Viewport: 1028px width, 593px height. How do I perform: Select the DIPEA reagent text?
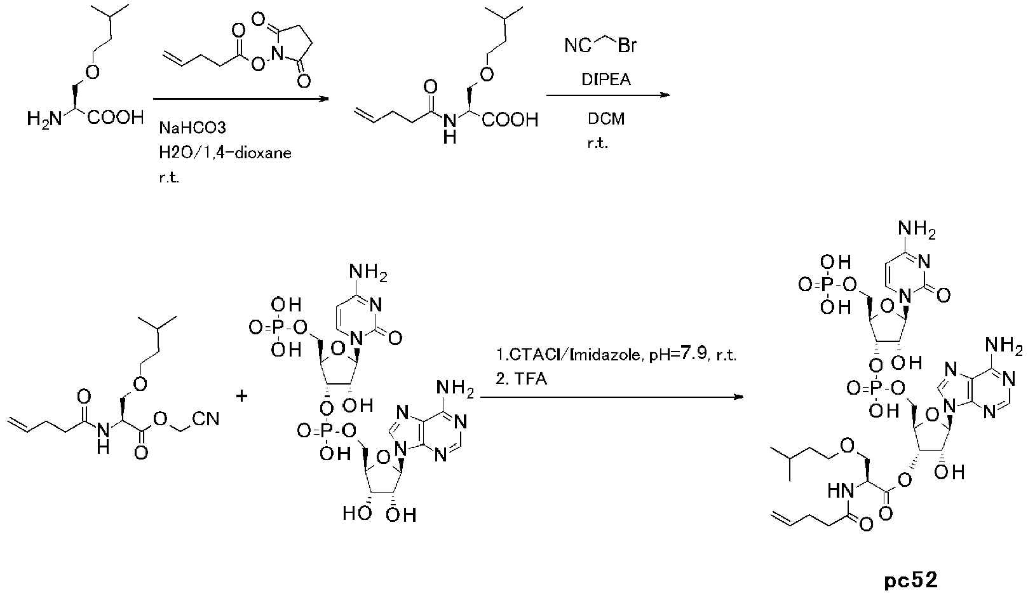pos(606,80)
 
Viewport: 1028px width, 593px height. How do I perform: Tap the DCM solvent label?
pos(606,119)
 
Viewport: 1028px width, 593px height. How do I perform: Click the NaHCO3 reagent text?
pos(193,128)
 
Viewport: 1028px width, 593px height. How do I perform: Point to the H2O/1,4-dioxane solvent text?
pos(225,153)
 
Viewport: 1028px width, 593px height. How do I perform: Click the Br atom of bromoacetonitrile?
pos(627,45)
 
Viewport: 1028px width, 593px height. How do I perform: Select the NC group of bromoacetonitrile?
pos(578,46)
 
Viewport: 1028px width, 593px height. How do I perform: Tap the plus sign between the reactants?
pos(242,395)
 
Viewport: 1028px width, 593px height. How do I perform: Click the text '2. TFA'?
pos(522,379)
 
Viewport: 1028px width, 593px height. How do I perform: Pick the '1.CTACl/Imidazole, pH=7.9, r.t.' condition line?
pos(616,355)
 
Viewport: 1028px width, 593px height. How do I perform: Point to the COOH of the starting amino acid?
pos(116,118)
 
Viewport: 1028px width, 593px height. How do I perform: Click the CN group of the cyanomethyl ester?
pos(206,419)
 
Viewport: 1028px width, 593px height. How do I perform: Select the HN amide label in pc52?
pos(841,491)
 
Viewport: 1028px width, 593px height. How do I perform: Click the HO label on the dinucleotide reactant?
pos(356,513)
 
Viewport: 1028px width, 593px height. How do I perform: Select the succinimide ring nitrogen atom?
pos(277,55)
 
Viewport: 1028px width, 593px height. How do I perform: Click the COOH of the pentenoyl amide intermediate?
pos(510,119)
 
